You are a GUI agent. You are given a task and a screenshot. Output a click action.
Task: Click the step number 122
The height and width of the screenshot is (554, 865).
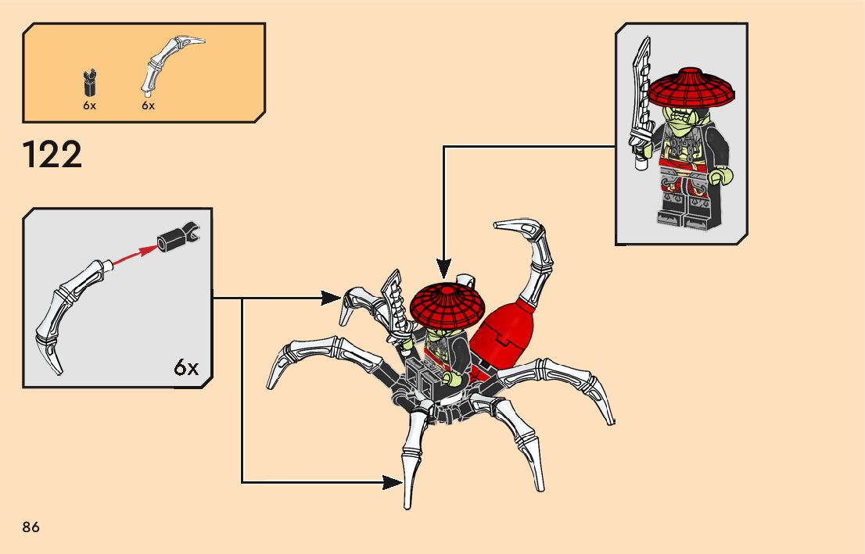point(53,155)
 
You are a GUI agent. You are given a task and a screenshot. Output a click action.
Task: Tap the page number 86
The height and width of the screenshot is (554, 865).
point(31,527)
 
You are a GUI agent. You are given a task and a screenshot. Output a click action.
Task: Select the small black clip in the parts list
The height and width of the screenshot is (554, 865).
point(89,81)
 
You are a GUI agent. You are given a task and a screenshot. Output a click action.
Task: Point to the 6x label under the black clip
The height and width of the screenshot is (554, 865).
point(89,105)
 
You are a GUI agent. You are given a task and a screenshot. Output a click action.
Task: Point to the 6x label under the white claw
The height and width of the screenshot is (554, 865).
point(149,105)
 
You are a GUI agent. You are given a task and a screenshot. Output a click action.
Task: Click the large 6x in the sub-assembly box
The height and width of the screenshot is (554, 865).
point(186,367)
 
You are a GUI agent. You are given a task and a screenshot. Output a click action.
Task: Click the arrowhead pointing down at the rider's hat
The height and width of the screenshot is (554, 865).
point(443,269)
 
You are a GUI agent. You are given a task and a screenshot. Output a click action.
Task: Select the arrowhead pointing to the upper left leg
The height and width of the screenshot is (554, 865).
point(331,297)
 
